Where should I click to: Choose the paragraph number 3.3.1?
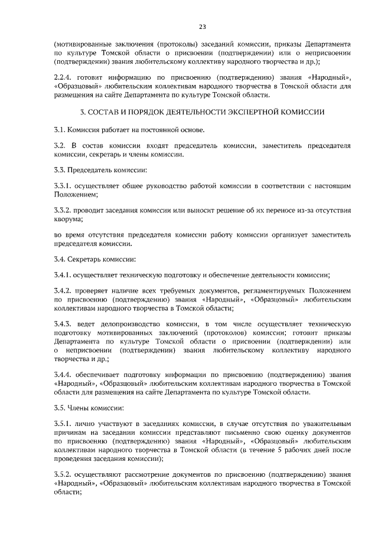(62, 186)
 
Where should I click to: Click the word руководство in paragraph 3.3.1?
(167, 186)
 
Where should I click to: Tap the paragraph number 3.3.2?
(62, 210)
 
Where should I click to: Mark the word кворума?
(68, 219)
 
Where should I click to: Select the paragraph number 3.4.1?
(62, 275)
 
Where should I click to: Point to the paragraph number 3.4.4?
(62, 375)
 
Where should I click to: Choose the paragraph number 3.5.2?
(62, 474)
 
